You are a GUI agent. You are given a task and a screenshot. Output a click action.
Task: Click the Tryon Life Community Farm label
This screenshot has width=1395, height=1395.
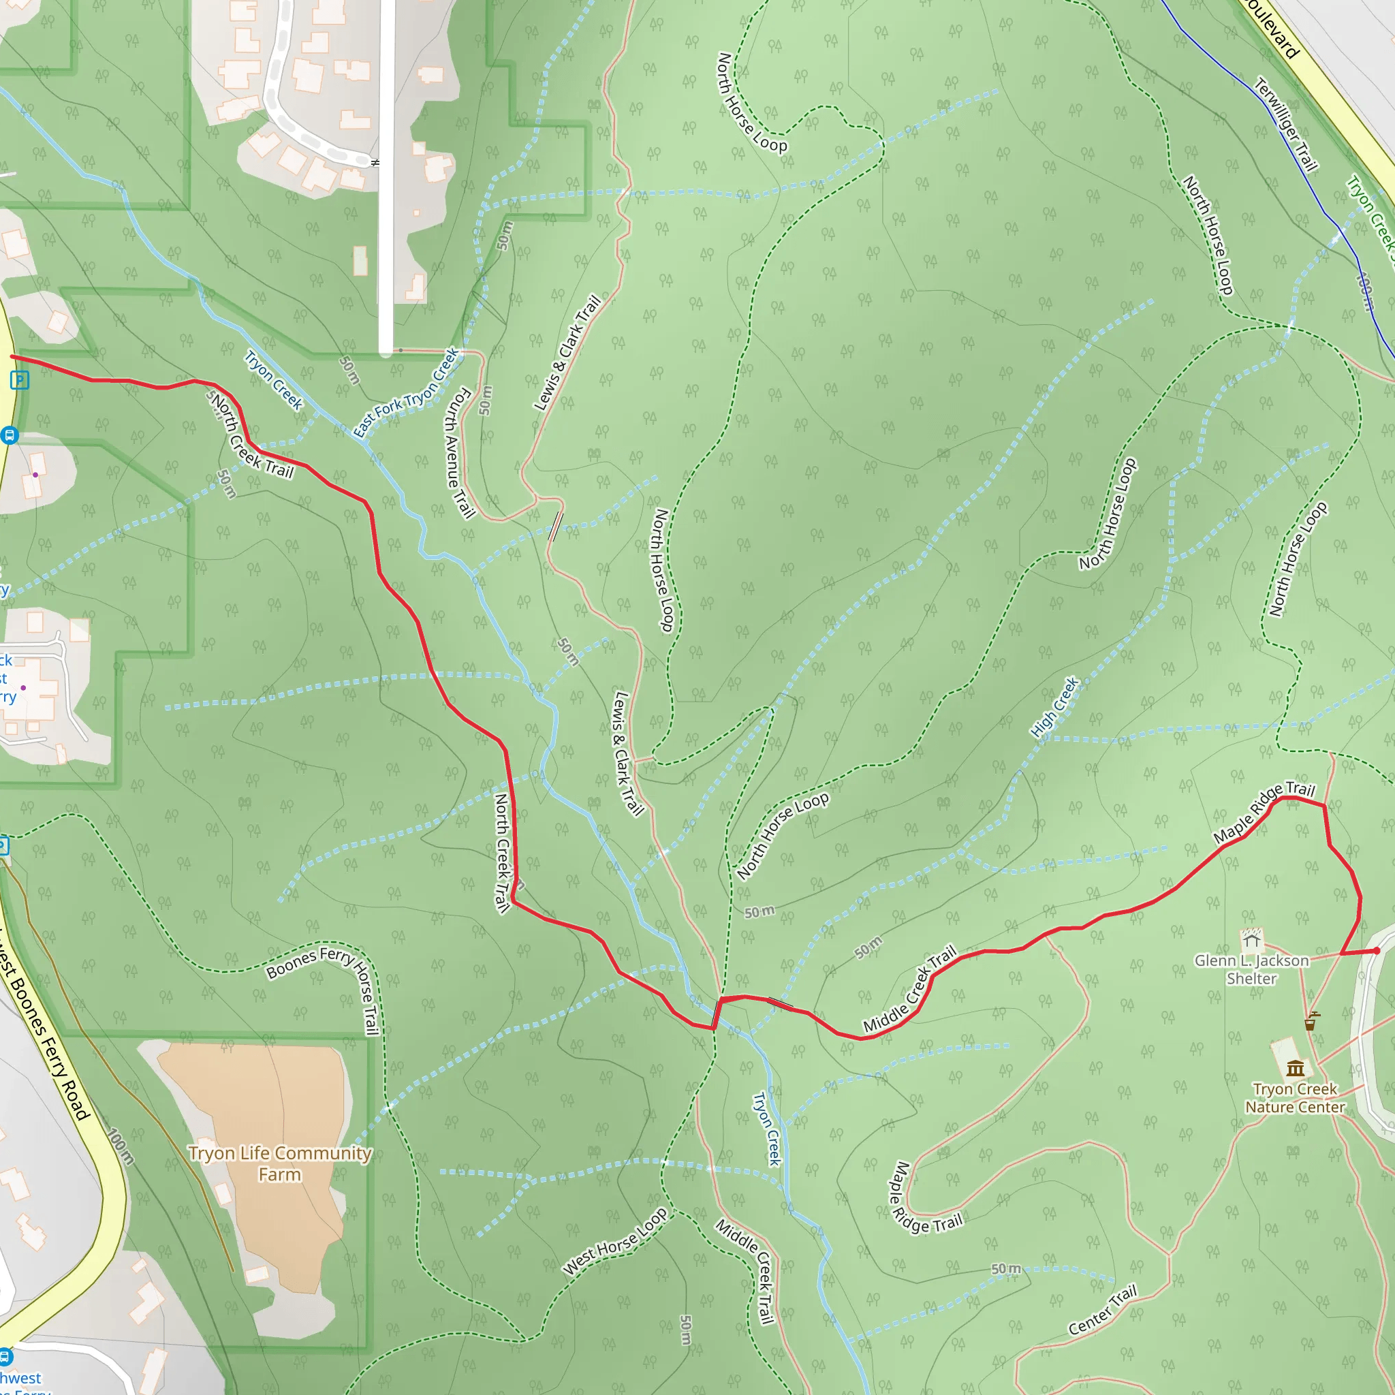tap(279, 1163)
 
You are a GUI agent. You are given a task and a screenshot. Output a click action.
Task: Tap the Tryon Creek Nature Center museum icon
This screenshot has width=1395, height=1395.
tap(1296, 1068)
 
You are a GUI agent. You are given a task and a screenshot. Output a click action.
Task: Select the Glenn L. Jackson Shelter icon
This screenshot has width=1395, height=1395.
tap(1251, 939)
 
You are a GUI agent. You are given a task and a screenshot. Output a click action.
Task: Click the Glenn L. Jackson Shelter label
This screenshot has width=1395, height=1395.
tap(1251, 969)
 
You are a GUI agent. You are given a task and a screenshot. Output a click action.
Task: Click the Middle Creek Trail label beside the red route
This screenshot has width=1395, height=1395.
tap(910, 988)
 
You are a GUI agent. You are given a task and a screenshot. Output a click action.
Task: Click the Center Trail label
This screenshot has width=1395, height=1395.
tap(1103, 1310)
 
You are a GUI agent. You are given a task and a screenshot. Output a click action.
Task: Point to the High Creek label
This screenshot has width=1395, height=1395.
tap(1054, 707)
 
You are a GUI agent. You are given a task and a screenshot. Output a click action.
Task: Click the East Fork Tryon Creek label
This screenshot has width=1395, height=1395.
tap(406, 393)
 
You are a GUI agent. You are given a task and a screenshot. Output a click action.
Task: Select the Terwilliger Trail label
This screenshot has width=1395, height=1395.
tap(1286, 124)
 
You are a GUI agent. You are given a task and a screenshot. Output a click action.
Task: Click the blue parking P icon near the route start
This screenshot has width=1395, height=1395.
tap(20, 380)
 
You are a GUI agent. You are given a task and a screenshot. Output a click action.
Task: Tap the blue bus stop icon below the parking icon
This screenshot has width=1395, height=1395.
tap(10, 435)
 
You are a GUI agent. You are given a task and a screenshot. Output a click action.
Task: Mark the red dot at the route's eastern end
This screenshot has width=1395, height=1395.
tap(1376, 951)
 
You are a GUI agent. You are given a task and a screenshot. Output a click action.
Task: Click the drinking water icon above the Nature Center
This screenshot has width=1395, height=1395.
tap(1311, 1022)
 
